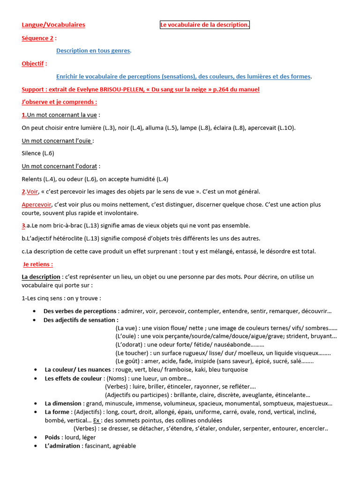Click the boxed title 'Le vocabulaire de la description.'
(x=205, y=25)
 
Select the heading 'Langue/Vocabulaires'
(x=53, y=25)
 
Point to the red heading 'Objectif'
(x=34, y=63)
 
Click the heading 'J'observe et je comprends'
(x=59, y=102)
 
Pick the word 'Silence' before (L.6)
(x=31, y=153)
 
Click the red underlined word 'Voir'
(x=32, y=191)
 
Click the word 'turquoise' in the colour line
(x=234, y=369)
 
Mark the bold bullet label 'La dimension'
(x=63, y=403)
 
